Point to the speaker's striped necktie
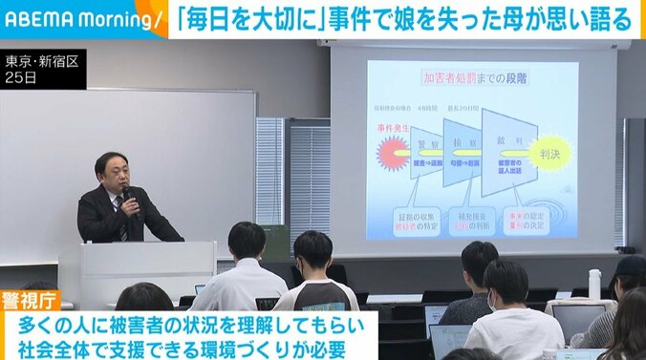coord(121,219)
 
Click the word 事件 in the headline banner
coord(394,19)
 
